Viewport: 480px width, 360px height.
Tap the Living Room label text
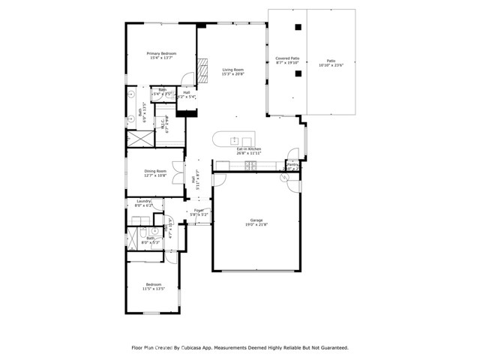[x=232, y=70]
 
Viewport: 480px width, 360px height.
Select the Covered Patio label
[x=287, y=57]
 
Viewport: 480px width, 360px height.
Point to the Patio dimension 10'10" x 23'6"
[x=330, y=65]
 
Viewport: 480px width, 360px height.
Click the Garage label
[x=256, y=220]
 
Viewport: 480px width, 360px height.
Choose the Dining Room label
[x=155, y=170]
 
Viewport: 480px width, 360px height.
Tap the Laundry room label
[x=144, y=200]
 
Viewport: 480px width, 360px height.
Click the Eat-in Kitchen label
[x=248, y=148]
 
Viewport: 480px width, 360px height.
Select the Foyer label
[x=199, y=210]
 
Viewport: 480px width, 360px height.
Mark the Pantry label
[x=292, y=165]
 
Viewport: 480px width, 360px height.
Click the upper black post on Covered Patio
[x=298, y=28]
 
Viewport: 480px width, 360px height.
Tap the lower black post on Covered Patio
[x=298, y=73]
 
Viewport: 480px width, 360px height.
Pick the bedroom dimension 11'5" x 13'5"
[x=153, y=289]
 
